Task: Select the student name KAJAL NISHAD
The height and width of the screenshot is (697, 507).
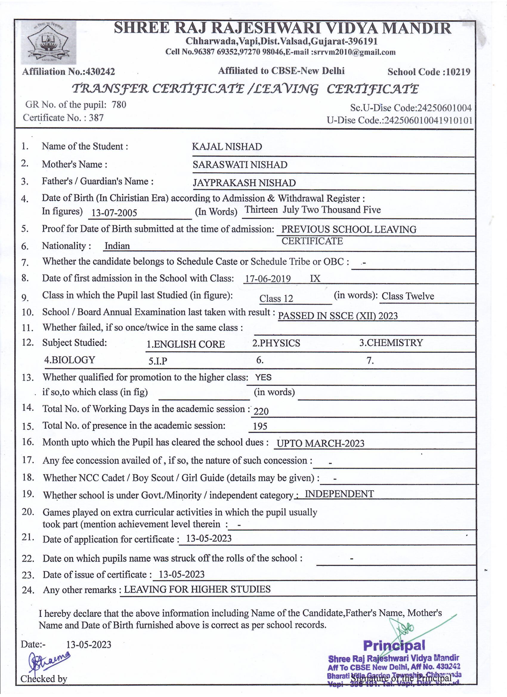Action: pyautogui.click(x=227, y=147)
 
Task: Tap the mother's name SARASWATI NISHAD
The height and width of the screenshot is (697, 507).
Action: pyautogui.click(x=240, y=165)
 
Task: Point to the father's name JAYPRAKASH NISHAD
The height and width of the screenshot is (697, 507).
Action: pyautogui.click(x=244, y=183)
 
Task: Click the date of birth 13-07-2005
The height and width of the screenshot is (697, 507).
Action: pyautogui.click(x=114, y=213)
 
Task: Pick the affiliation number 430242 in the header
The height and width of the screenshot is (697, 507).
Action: pyautogui.click(x=101, y=72)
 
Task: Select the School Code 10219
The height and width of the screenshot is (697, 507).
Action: pyautogui.click(x=458, y=72)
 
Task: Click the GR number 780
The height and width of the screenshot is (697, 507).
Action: pyautogui.click(x=119, y=105)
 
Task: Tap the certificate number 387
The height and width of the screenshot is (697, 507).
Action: pyautogui.click(x=96, y=118)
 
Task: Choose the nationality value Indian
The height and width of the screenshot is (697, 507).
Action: pyautogui.click(x=117, y=246)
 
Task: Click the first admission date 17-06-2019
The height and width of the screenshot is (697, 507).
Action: pyautogui.click(x=268, y=279)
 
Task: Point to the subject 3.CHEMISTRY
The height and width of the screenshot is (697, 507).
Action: pyautogui.click(x=391, y=343)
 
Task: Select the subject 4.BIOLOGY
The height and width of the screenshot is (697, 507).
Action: pyautogui.click(x=70, y=360)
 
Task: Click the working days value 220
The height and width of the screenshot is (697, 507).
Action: pyautogui.click(x=261, y=411)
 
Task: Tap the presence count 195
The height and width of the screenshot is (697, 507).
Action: pyautogui.click(x=260, y=426)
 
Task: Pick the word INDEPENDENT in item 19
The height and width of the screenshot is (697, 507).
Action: pyautogui.click(x=339, y=494)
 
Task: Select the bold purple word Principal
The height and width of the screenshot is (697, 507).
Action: pyautogui.click(x=394, y=645)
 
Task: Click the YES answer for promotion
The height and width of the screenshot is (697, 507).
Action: pyautogui.click(x=263, y=377)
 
